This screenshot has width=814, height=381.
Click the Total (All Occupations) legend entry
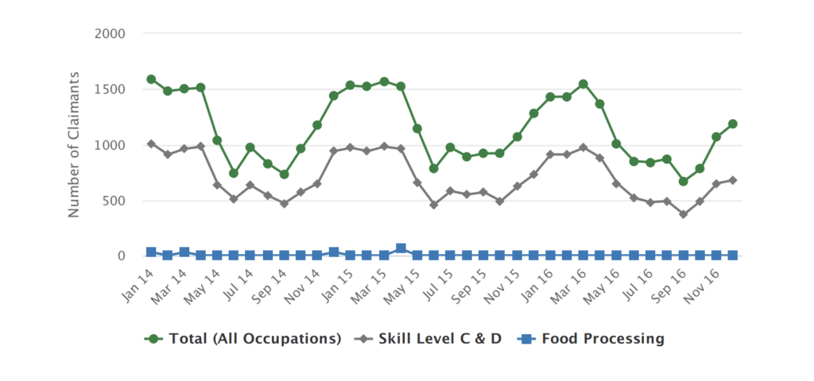(242, 339)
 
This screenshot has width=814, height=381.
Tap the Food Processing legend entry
(592, 339)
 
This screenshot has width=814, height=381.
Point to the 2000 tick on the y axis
(110, 33)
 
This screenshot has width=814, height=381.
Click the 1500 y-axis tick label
(110, 89)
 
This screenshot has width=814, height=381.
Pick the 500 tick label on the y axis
(114, 200)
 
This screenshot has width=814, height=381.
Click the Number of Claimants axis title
(74, 144)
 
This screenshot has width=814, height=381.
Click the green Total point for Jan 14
(151, 79)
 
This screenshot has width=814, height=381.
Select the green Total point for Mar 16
(583, 84)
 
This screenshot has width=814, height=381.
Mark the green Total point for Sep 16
(683, 181)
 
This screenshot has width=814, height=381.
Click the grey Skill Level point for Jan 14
(151, 144)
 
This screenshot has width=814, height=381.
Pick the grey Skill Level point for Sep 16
(683, 214)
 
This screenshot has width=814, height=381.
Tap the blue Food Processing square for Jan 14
(151, 252)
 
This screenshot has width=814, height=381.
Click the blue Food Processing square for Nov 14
(334, 252)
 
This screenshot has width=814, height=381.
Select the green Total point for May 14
(217, 140)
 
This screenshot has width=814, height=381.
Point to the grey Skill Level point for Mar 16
(583, 147)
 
